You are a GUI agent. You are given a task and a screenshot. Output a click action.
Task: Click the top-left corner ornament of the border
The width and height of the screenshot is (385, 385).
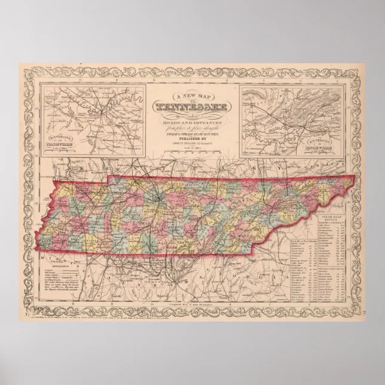point(28,72)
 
